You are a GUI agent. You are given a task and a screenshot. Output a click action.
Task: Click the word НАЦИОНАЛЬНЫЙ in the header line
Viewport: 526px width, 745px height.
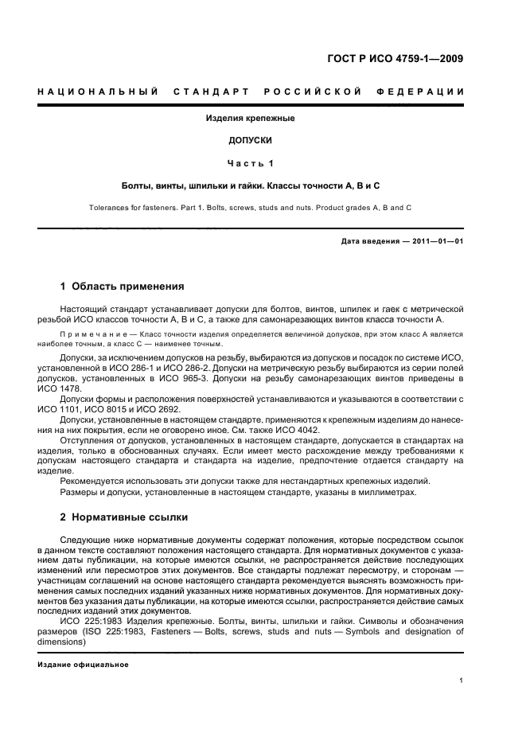pos(95,92)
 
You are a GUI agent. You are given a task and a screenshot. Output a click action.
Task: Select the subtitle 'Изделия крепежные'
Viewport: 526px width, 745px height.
pos(251,118)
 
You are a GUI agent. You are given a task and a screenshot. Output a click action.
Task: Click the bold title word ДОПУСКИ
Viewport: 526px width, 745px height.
pos(251,140)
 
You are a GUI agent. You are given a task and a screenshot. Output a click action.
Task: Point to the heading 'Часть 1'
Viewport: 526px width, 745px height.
pos(251,163)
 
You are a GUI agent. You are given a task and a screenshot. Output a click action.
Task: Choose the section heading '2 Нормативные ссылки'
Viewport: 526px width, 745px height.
pos(124,517)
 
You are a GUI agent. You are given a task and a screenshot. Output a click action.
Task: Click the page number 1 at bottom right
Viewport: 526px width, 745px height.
pos(462,681)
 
